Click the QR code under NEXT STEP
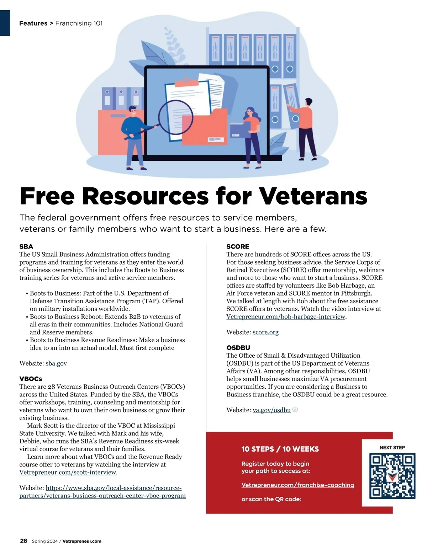392,476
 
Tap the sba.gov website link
56,363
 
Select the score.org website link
265,332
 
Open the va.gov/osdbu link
272,410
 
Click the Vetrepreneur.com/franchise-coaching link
297,485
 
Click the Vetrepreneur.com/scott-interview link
68,472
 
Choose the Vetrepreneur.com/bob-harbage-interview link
286,316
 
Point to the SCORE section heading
238,246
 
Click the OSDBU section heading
238,347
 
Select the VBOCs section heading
31,379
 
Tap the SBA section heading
26,246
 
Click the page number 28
23,541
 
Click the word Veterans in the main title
313,196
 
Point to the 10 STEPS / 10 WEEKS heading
280,449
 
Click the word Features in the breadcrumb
33,23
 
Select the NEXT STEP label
392,447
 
